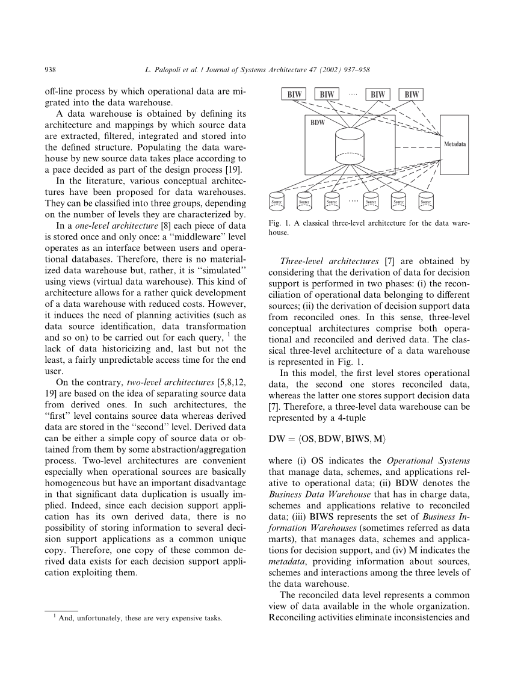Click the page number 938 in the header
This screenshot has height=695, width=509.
(x=51, y=70)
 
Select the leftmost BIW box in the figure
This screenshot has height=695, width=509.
(x=294, y=94)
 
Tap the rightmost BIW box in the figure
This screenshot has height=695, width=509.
(x=412, y=94)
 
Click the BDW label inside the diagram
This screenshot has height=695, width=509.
(x=318, y=123)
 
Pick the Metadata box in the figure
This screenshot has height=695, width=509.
(x=455, y=145)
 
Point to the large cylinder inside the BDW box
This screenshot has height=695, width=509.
(x=350, y=144)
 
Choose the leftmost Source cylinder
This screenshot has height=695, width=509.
(x=277, y=200)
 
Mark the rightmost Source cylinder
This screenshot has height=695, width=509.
(x=425, y=200)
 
